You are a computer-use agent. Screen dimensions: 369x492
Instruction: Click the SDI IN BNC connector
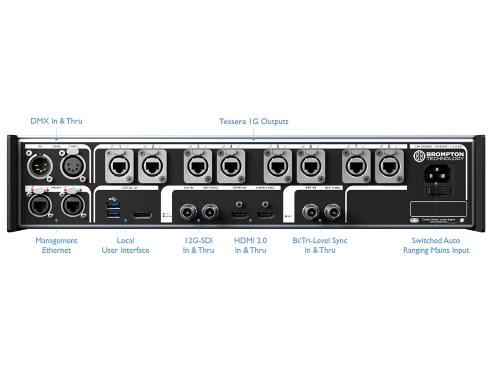point(188,211)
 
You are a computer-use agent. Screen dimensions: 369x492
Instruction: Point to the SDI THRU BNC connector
point(210,211)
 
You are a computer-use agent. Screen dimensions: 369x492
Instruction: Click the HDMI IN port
point(239,213)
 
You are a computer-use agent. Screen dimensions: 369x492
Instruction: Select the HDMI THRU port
point(265,213)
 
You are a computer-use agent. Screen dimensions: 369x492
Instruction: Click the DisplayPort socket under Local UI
point(141,214)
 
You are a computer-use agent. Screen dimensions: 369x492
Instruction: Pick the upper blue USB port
point(114,205)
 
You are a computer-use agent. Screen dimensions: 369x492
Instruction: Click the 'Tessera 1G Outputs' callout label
point(254,121)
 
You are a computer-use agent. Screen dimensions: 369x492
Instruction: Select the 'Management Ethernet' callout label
point(56,245)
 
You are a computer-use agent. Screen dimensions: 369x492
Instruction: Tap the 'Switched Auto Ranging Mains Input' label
point(436,245)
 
